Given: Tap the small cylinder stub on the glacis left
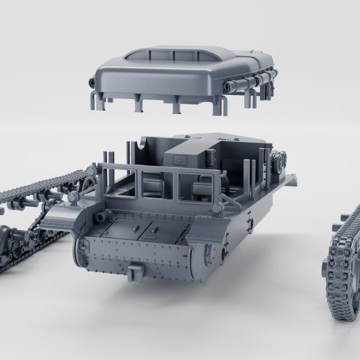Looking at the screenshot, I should click(x=102, y=216).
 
